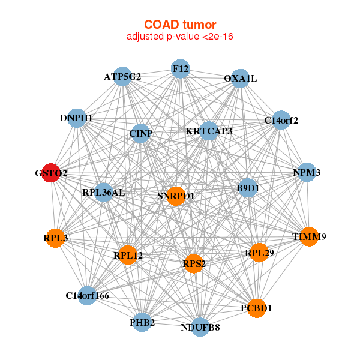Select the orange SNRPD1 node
tap(176, 196)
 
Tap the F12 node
tap(180, 68)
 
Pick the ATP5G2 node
tap(123, 76)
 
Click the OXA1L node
tap(240, 79)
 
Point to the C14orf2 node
tap(281, 120)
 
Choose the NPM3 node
tap(307, 172)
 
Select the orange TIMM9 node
tap(309, 236)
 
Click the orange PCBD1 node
tap(256, 308)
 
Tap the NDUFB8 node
tap(201, 327)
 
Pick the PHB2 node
tap(142, 322)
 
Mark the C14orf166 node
tap(88, 295)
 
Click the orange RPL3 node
tap(55, 238)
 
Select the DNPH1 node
tap(77, 118)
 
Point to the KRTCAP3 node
tap(208, 131)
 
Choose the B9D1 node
tap(248, 188)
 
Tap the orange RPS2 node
tap(194, 263)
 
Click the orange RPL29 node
tap(259, 253)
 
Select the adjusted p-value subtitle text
tap(180, 37)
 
